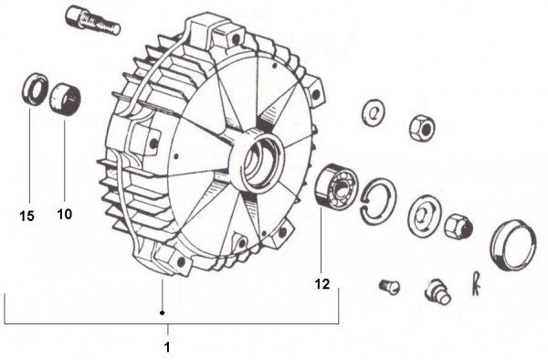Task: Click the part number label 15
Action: (x=26, y=216)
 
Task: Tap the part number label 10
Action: (x=65, y=214)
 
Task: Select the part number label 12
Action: (x=322, y=284)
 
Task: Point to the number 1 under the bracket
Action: (x=167, y=347)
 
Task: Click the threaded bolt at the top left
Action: (x=92, y=21)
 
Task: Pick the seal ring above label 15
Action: (x=34, y=90)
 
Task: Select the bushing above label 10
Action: (x=65, y=100)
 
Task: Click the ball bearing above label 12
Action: (x=335, y=187)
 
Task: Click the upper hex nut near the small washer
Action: (x=422, y=127)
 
